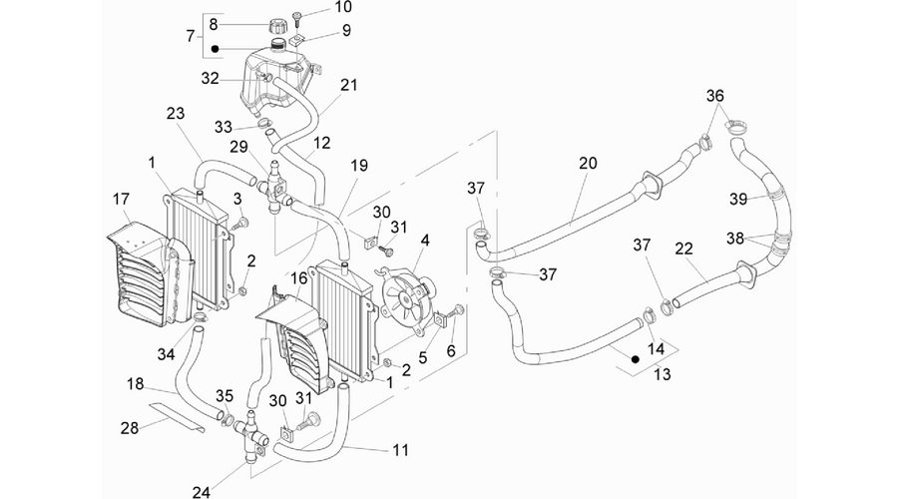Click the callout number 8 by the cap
[x=214, y=24]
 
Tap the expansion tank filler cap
[x=277, y=26]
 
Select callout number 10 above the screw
[x=343, y=7]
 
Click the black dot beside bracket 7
[x=215, y=49]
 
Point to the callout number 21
[x=349, y=86]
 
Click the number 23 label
[x=176, y=113]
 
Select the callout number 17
[x=121, y=199]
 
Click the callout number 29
[x=238, y=147]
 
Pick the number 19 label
[x=359, y=166]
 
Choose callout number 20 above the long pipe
[x=588, y=164]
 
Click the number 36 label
[x=714, y=96]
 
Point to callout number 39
[x=738, y=199]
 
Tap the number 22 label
[x=683, y=249]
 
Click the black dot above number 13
[x=636, y=359]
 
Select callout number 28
[x=130, y=427]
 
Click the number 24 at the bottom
[x=201, y=492]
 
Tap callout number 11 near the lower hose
[x=401, y=450]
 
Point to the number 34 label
[x=166, y=354]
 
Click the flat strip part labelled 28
[x=177, y=416]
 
